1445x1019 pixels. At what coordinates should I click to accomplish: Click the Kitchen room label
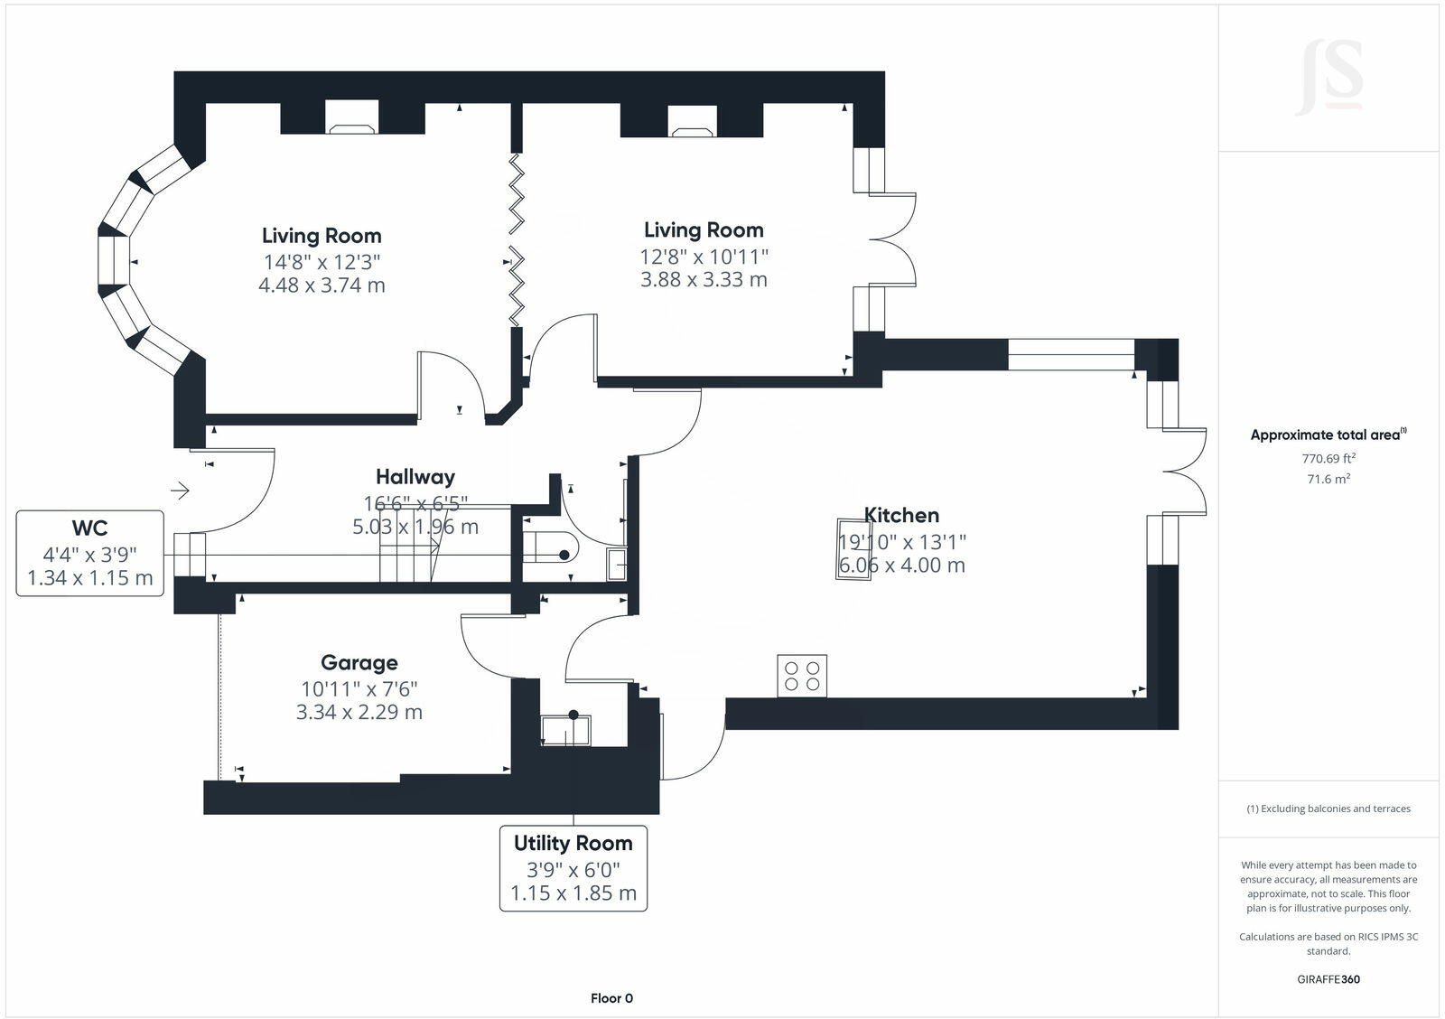pos(901,515)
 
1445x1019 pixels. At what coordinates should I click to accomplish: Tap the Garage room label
pos(359,663)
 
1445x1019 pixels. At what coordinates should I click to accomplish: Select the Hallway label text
pos(415,477)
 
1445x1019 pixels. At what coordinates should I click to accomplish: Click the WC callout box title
pos(89,528)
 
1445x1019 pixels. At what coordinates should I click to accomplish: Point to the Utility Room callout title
pos(573,843)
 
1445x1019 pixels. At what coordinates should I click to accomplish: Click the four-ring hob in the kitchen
pos(802,676)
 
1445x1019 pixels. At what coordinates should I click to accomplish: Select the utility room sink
pos(565,730)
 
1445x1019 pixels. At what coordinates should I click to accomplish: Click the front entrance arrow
pos(180,491)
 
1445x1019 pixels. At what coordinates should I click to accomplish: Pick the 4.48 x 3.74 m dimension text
pos(322,285)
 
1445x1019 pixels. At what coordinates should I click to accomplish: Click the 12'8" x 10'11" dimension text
pos(704,257)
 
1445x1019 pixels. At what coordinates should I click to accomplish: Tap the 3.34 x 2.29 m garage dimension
pos(359,712)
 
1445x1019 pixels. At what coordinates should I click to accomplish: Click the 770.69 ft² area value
pos(1328,458)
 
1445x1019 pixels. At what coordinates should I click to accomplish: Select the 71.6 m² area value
pos(1328,479)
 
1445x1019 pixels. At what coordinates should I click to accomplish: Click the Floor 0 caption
pos(611,998)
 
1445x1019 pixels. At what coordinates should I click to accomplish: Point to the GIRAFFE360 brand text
pos(1328,979)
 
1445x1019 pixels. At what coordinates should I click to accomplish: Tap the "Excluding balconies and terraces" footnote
pos(1328,809)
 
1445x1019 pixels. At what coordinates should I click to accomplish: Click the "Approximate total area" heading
pos(1328,435)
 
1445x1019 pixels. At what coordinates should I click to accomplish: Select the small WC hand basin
pos(616,564)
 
